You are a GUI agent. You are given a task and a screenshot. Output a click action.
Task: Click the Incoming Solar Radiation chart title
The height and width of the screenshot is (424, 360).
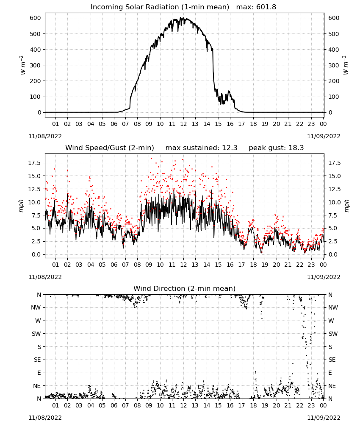click(x=160, y=7)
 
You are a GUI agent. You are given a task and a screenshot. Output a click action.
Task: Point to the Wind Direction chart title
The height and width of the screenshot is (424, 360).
click(x=185, y=288)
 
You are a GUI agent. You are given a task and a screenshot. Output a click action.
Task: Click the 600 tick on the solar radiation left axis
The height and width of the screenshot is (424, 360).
click(x=36, y=18)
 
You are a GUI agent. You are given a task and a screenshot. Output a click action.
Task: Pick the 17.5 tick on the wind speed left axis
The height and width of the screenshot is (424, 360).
click(x=35, y=163)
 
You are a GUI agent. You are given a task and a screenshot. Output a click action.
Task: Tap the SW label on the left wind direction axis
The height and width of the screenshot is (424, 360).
click(x=36, y=334)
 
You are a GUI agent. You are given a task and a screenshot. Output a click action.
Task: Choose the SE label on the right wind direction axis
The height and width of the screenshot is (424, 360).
click(x=332, y=360)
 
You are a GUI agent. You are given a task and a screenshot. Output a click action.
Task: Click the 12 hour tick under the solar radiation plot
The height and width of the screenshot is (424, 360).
click(x=183, y=124)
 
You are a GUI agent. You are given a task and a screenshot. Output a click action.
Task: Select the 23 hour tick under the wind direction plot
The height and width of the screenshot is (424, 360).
click(x=311, y=405)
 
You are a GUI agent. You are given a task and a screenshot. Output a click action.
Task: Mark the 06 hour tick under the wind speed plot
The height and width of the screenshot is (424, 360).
click(x=114, y=265)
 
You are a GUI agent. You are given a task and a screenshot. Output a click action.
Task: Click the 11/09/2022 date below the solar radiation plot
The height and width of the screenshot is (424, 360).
click(x=324, y=136)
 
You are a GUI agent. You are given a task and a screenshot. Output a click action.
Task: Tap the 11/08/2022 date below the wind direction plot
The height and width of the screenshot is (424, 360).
click(x=45, y=418)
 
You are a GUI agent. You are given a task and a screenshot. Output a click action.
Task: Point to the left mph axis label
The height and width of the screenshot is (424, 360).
click(x=21, y=206)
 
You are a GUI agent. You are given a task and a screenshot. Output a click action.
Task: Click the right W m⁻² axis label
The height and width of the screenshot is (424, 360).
click(x=346, y=65)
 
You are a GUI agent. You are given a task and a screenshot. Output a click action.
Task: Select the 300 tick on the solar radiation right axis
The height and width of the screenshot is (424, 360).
click(x=334, y=65)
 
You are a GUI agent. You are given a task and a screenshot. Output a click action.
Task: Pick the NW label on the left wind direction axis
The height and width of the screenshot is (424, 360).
click(x=36, y=307)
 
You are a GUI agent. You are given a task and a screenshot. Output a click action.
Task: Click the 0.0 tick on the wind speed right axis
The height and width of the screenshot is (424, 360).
click(x=332, y=254)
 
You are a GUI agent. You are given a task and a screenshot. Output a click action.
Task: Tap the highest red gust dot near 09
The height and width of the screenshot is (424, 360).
click(x=151, y=159)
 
